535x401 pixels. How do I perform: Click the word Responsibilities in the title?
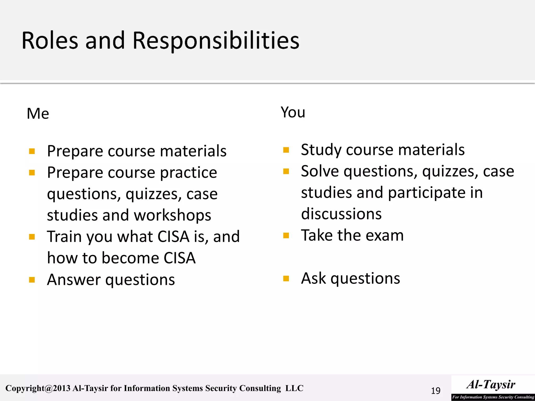coord(216,41)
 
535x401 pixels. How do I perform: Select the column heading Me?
coord(38,114)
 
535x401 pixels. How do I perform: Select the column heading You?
coord(293,112)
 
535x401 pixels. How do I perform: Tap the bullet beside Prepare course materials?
coord(32,151)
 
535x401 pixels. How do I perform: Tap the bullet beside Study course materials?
coord(286,150)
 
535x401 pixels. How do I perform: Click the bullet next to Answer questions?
coord(32,280)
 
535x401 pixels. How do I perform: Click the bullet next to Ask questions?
coord(286,279)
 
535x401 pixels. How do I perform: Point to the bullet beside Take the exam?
coord(286,236)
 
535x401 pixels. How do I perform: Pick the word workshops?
coord(172,215)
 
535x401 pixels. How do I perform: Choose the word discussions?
coord(341,214)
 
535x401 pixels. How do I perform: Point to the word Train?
coord(64,237)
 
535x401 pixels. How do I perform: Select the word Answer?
coord(74,280)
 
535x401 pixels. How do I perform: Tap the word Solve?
coord(320,172)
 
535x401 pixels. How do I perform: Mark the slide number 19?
coord(435,391)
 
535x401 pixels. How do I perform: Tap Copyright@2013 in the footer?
coord(38,388)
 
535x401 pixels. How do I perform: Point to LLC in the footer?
coord(294,388)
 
